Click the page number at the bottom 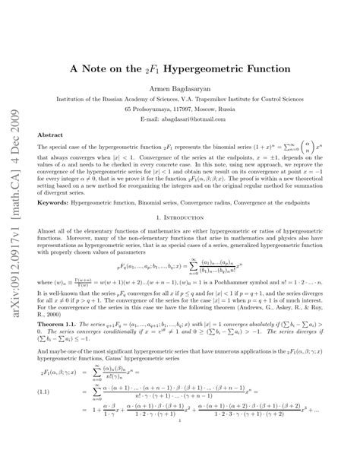point(180,455)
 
